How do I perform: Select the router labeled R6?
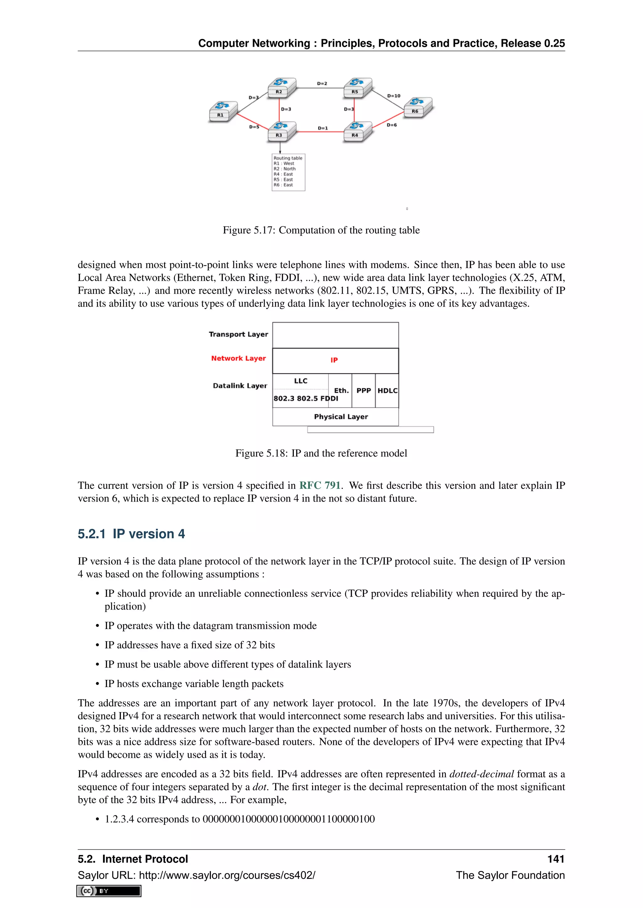(418, 107)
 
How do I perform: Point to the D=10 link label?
(394, 96)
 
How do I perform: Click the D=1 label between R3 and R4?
(323, 128)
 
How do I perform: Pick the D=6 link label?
(392, 125)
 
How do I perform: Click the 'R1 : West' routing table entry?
(284, 163)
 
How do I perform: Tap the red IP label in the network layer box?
(334, 360)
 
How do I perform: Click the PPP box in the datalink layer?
(364, 390)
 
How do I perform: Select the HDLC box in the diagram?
(387, 390)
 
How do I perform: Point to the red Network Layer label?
(238, 358)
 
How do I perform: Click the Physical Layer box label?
(341, 416)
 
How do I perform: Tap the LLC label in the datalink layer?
(300, 381)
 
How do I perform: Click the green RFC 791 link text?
(320, 485)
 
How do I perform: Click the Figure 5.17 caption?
(321, 230)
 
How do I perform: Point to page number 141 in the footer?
(555, 859)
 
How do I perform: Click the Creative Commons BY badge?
(109, 891)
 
